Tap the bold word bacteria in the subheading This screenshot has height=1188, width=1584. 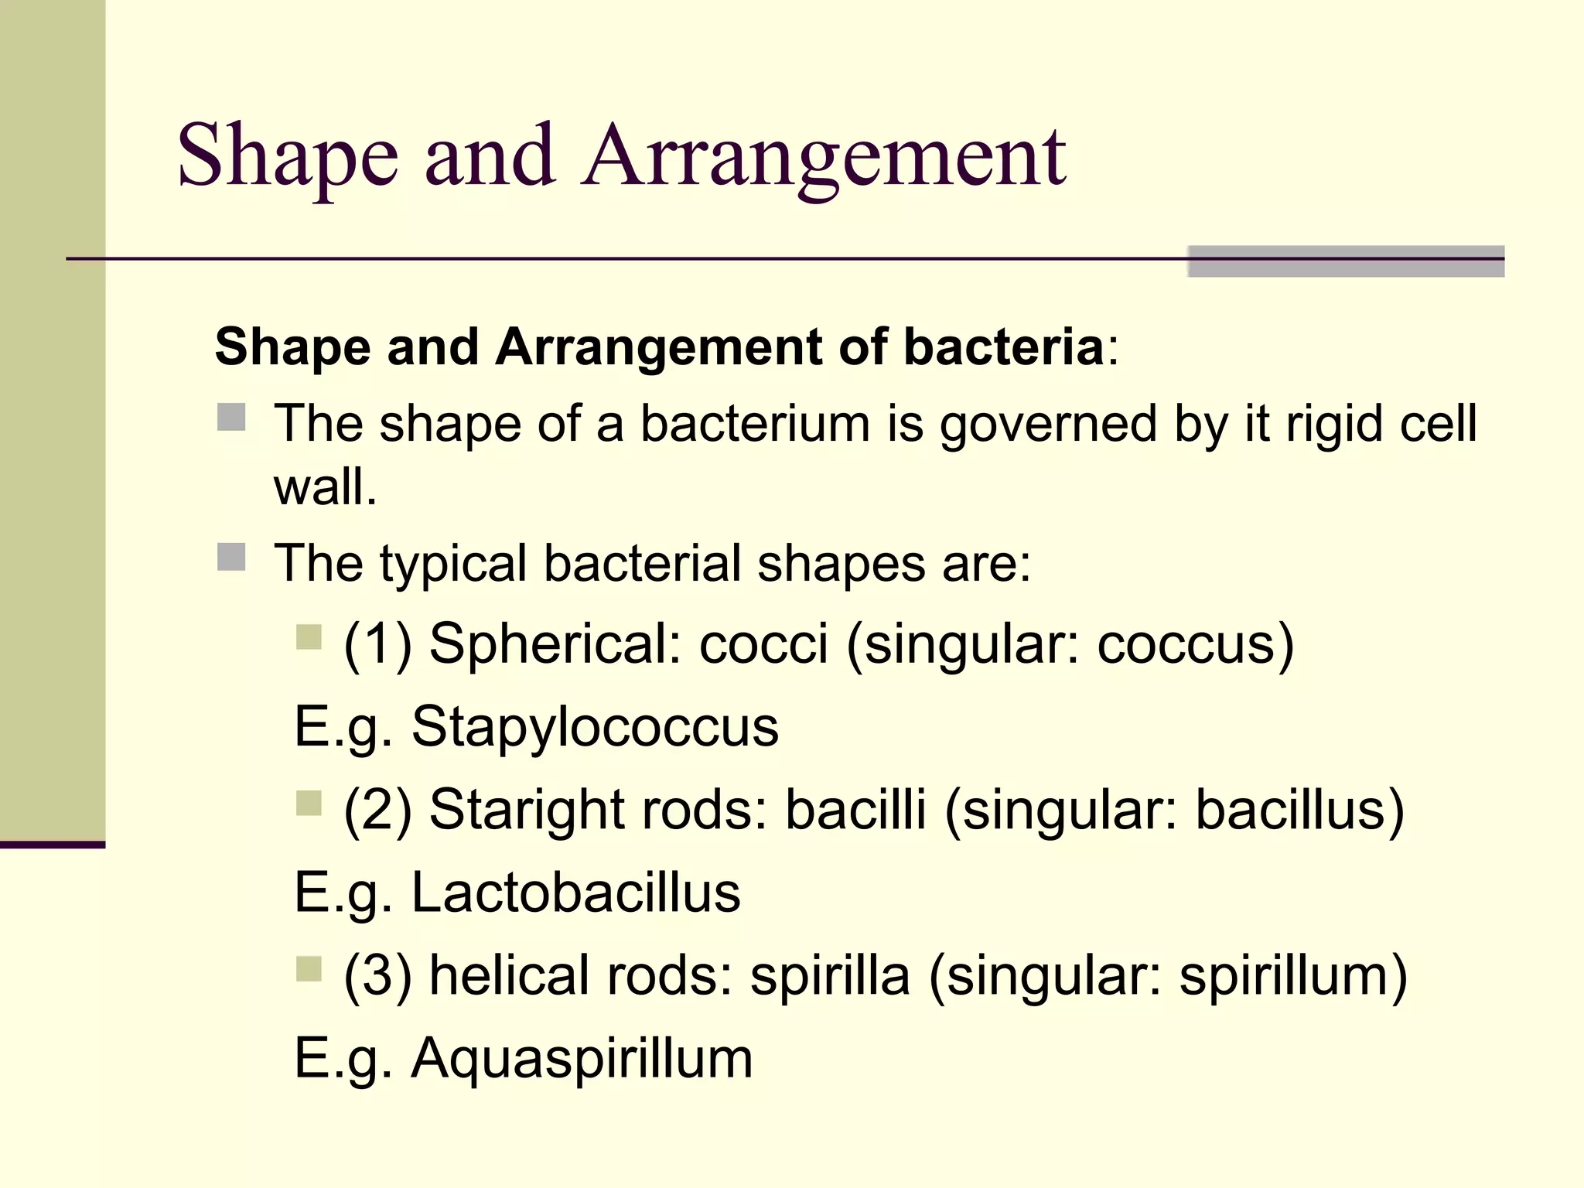click(1003, 346)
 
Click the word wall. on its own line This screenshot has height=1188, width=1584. click(325, 488)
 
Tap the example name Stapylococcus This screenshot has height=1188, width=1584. click(594, 726)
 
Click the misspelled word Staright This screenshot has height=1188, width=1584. click(526, 810)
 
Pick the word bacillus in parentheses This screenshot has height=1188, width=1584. click(1298, 810)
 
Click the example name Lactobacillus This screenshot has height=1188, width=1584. click(575, 893)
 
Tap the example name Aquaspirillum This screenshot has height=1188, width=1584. click(582, 1058)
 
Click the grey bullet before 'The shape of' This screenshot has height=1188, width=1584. click(231, 418)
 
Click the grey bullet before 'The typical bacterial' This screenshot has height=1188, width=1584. click(231, 557)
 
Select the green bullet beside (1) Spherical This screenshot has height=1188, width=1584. click(309, 638)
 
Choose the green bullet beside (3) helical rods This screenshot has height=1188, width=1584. click(309, 969)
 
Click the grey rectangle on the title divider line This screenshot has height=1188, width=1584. click(1345, 261)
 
